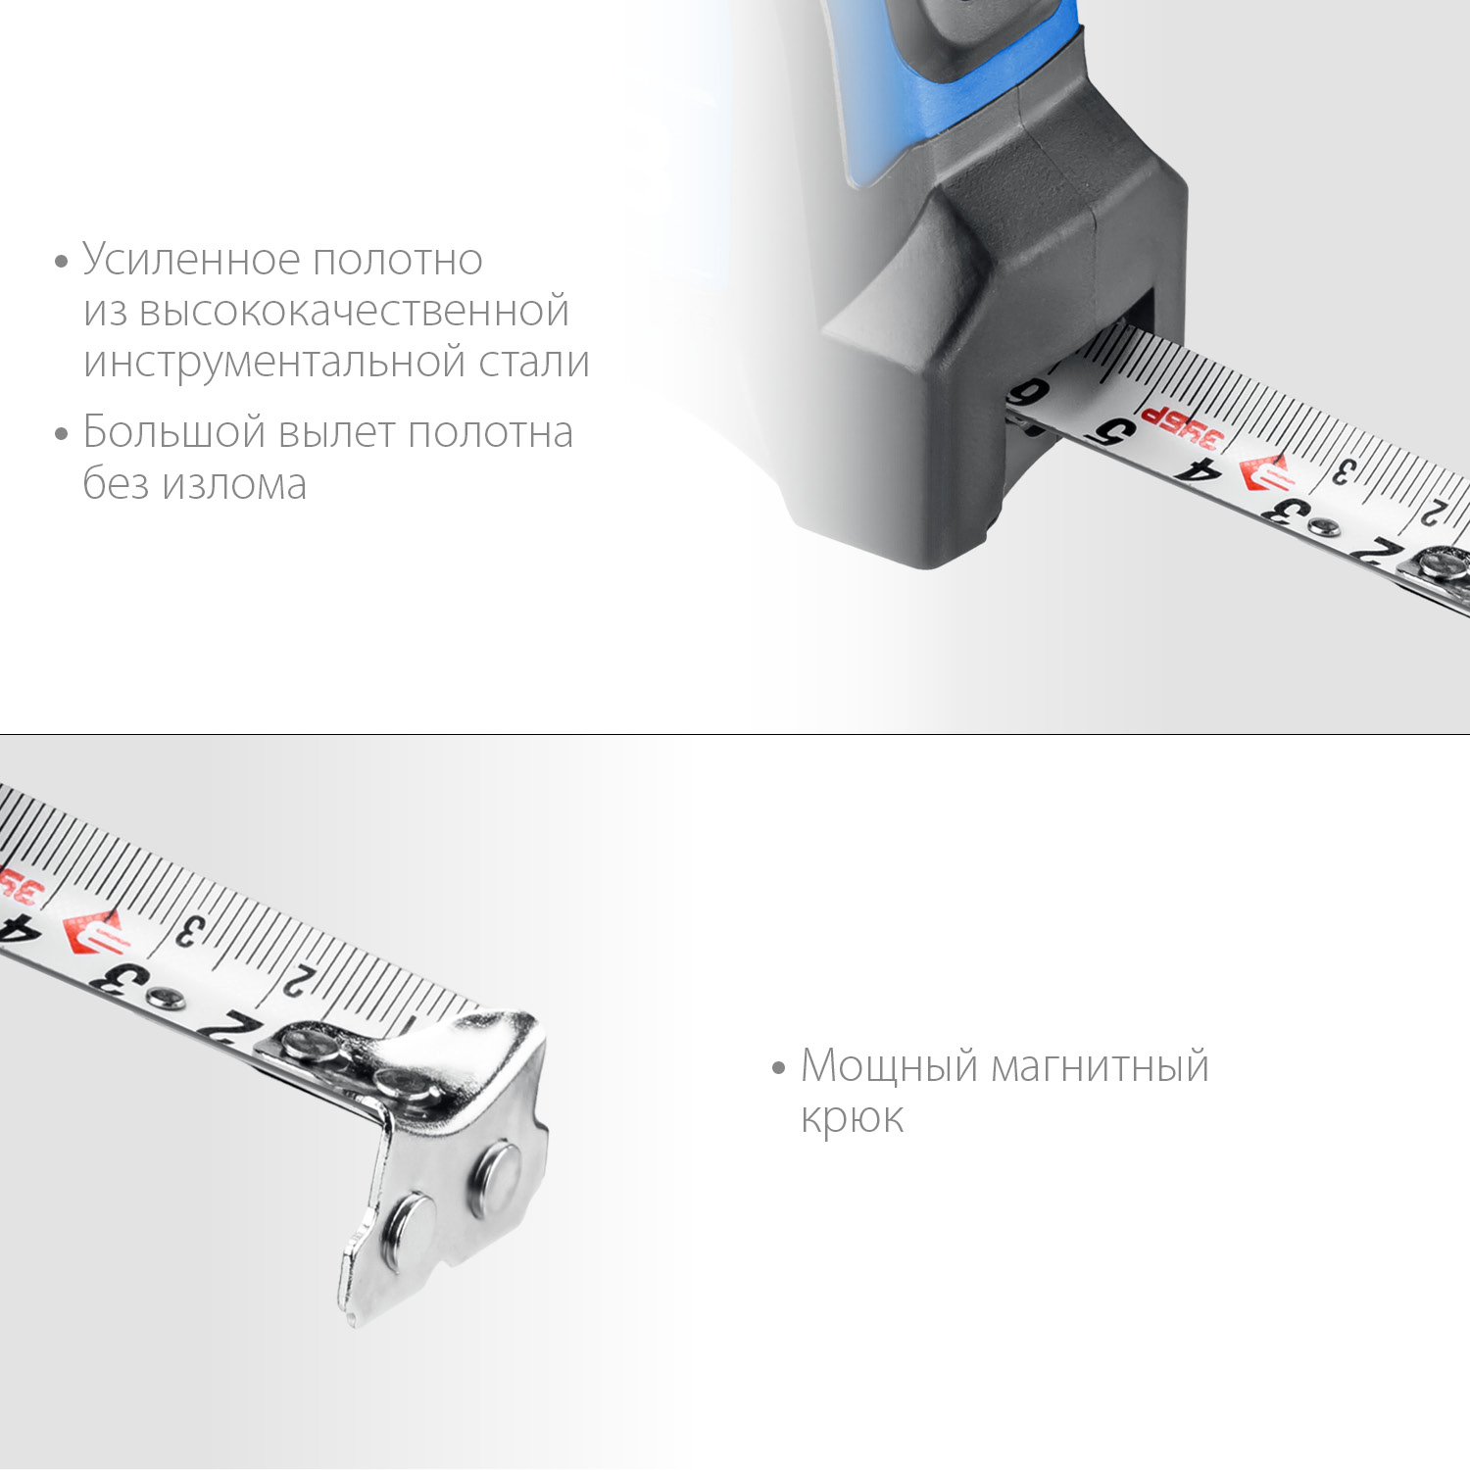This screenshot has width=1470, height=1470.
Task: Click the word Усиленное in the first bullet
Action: (x=191, y=260)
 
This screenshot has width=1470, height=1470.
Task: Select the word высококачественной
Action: (x=354, y=311)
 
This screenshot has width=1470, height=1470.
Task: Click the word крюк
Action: (x=852, y=1117)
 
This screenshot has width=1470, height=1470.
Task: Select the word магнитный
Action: (x=1101, y=1066)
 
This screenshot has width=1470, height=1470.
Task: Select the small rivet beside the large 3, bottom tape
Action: (x=159, y=999)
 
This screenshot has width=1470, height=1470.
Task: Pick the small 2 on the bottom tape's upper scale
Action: (x=299, y=980)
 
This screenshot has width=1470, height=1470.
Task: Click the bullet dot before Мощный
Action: (x=779, y=1067)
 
